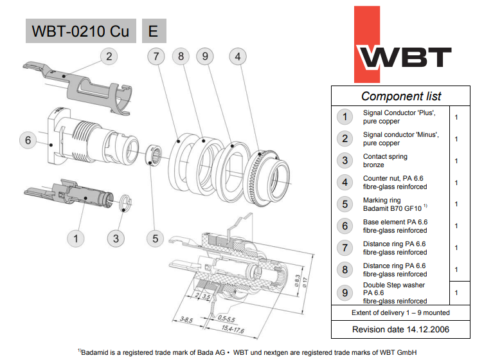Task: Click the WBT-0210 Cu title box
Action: click(x=81, y=31)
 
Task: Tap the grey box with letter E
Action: click(x=154, y=31)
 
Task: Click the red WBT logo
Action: click(x=403, y=45)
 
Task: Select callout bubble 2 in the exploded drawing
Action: click(x=109, y=57)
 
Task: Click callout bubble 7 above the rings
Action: click(x=156, y=57)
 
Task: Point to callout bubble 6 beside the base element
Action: click(x=28, y=140)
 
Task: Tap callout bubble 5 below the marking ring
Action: click(x=156, y=239)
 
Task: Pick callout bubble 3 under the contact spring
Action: click(x=116, y=239)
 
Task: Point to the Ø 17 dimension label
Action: click(x=305, y=282)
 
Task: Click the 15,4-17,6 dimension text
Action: click(x=233, y=329)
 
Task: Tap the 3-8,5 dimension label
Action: click(x=186, y=320)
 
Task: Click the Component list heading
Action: click(x=401, y=96)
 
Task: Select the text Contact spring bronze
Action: click(x=385, y=161)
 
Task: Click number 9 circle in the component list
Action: click(x=345, y=292)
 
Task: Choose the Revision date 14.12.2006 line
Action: click(x=400, y=329)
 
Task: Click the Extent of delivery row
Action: click(x=400, y=313)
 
